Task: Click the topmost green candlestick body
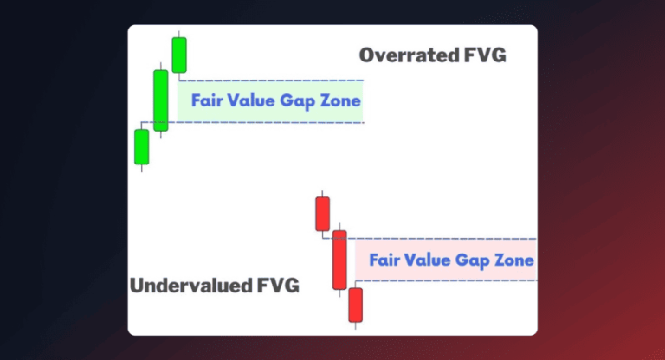pyautogui.click(x=179, y=55)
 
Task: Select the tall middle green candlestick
pyautogui.click(x=161, y=100)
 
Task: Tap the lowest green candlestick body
pyautogui.click(x=142, y=146)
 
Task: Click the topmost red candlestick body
pyautogui.click(x=322, y=214)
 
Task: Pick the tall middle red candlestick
pyautogui.click(x=339, y=260)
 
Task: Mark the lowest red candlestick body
pyautogui.click(x=356, y=305)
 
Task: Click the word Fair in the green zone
pyautogui.click(x=208, y=100)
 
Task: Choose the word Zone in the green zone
pyautogui.click(x=340, y=100)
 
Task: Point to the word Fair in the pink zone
pyautogui.click(x=384, y=260)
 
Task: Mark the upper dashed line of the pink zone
pyautogui.click(x=450, y=238)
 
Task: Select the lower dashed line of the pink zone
pyautogui.click(x=450, y=281)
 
